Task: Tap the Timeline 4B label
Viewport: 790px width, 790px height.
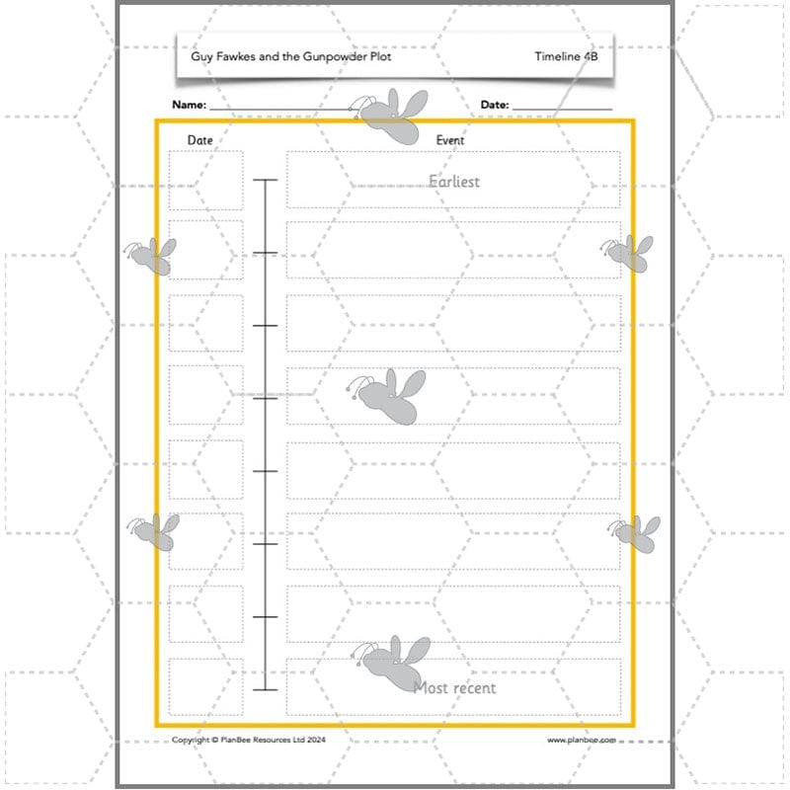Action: [566, 56]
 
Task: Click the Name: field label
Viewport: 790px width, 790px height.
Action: [189, 105]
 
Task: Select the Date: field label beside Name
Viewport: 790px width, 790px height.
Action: [495, 105]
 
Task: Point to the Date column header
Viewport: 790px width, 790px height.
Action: [199, 140]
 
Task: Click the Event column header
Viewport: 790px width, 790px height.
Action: [450, 140]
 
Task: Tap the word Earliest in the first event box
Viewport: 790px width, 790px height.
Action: [454, 181]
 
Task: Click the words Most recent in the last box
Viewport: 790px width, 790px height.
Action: [454, 687]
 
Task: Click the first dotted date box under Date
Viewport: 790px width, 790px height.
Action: [205, 180]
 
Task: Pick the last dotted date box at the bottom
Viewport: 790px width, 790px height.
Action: [205, 686]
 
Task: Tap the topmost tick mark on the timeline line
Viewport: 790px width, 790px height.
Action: [265, 180]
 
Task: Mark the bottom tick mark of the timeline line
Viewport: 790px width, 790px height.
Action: [265, 689]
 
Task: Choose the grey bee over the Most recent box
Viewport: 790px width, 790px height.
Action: [394, 662]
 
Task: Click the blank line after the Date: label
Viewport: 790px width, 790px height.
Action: [562, 108]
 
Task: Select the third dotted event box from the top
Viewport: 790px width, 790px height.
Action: [453, 323]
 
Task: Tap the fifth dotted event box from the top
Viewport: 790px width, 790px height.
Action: [453, 470]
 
